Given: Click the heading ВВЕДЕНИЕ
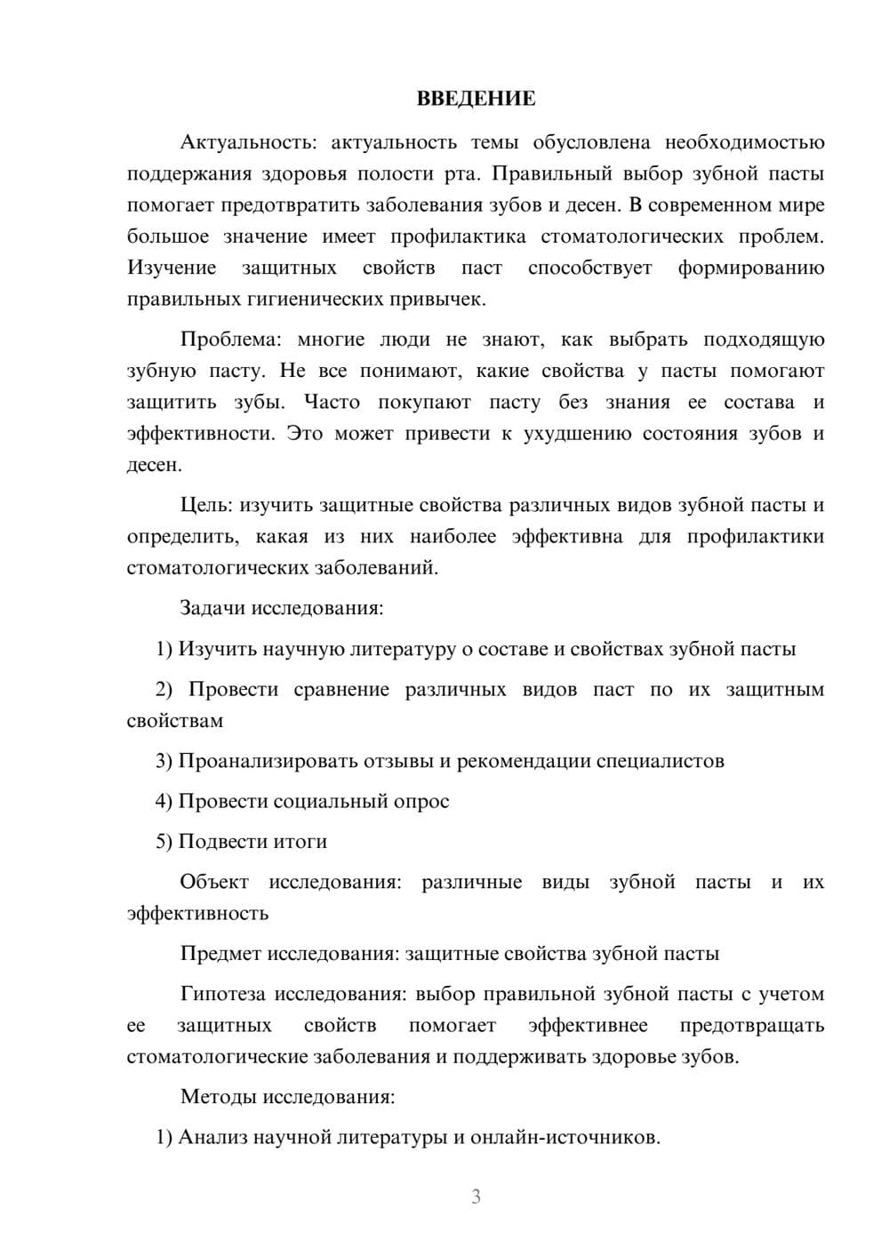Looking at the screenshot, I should [x=476, y=99].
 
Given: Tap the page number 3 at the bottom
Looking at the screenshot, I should [x=476, y=1197].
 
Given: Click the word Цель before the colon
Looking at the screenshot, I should [x=205, y=505].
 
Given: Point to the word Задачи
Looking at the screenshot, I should [x=213, y=609].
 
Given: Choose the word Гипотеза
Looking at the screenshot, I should [x=222, y=994].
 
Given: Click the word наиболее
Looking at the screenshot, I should [x=453, y=537].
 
